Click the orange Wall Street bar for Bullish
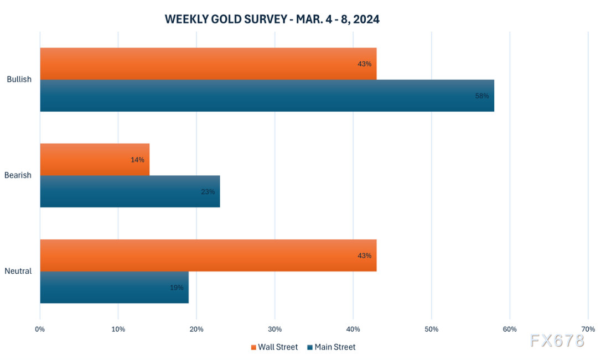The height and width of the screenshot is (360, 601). [208, 64]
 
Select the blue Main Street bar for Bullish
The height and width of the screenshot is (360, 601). [267, 96]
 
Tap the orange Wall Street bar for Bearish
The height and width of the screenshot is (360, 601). [95, 160]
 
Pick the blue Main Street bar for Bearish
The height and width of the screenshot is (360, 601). [130, 191]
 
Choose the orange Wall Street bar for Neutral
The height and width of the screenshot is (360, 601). [208, 255]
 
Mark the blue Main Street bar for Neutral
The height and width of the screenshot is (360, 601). [114, 288]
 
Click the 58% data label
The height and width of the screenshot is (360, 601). [482, 96]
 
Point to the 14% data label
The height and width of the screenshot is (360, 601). [137, 160]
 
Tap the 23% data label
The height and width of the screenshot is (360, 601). [208, 192]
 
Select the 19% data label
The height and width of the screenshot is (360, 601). [177, 288]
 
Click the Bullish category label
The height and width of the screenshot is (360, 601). [19, 80]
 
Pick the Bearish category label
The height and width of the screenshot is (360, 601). [18, 175]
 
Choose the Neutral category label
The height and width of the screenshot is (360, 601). [18, 272]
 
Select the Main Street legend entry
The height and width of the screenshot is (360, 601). [331, 347]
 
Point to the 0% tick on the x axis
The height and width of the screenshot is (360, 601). [40, 330]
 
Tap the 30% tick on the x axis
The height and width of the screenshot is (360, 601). [274, 330]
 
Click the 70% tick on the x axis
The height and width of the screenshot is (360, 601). [588, 330]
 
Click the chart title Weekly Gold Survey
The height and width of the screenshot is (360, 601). [272, 19]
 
